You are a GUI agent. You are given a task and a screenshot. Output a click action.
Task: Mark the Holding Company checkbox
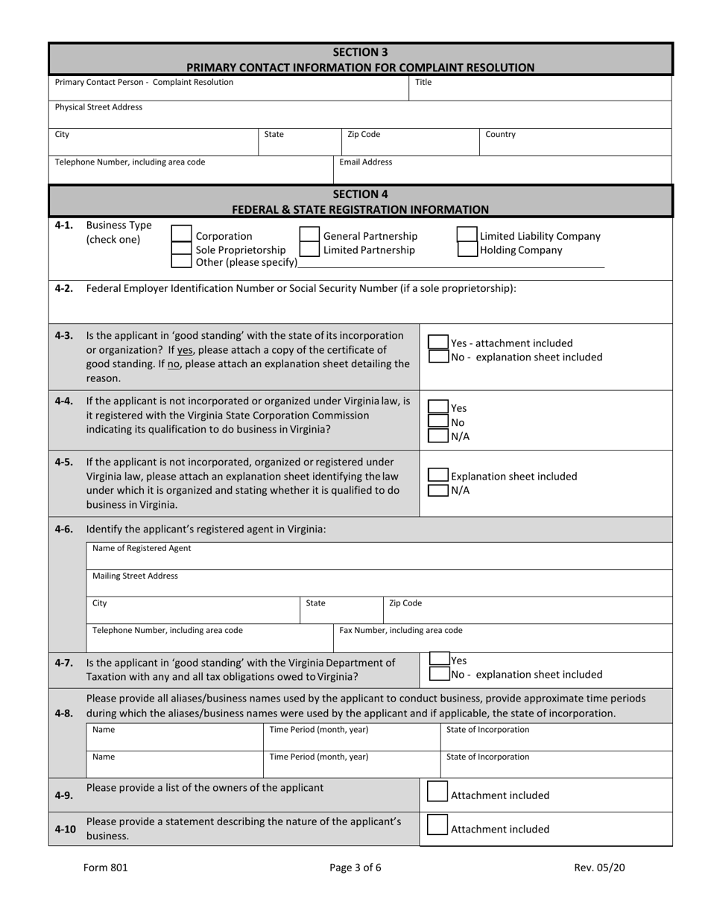pos(467,250)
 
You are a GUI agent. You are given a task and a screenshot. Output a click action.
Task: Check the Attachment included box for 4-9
pos(437,794)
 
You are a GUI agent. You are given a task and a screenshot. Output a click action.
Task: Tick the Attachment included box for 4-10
pos(437,827)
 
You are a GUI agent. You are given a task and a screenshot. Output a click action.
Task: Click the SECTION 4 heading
pos(360,194)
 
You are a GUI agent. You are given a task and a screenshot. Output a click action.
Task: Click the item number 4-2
pos(64,288)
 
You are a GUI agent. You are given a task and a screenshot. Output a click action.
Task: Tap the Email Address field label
pos(366,162)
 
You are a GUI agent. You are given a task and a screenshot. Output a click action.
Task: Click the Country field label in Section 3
pos(500,135)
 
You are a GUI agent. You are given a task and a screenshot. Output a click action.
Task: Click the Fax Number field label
pos(401,630)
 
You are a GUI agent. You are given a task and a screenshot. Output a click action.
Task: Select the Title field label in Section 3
pos(423,83)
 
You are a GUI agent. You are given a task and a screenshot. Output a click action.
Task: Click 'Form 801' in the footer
pos(100,867)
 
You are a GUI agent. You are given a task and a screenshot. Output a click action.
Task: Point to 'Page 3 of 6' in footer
pos(355,867)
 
